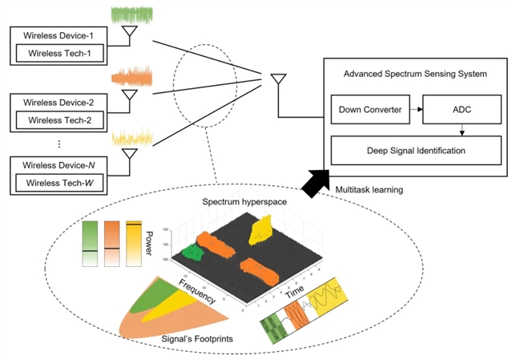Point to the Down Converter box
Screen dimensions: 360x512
pos(368,110)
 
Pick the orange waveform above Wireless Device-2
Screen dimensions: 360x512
pos(128,77)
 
